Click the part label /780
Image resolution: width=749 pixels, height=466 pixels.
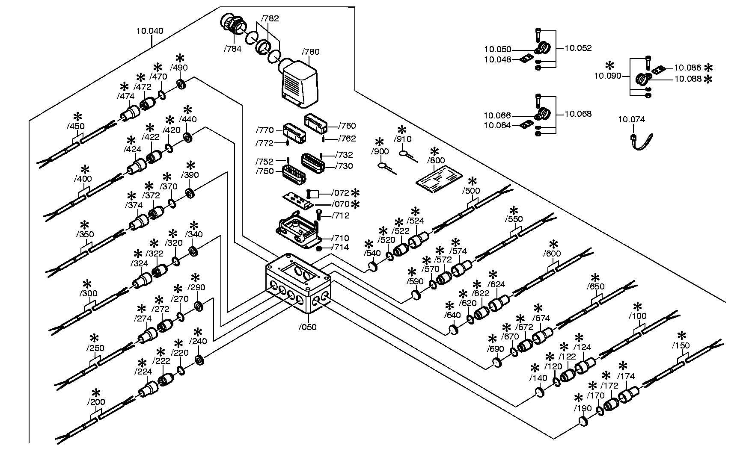pyautogui.click(x=310, y=52)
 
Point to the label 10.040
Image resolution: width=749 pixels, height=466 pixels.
pyautogui.click(x=149, y=31)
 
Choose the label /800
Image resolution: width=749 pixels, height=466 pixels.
pyautogui.click(x=436, y=161)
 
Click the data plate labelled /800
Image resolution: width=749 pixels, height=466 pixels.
pyautogui.click(x=440, y=178)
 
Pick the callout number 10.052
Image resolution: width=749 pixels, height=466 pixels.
pyautogui.click(x=578, y=48)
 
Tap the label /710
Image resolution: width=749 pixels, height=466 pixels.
pyautogui.click(x=340, y=239)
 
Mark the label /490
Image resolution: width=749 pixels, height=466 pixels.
pyautogui.click(x=179, y=68)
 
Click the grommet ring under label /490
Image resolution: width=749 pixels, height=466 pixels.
pyautogui.click(x=181, y=84)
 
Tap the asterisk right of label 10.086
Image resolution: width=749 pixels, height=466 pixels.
pyautogui.click(x=709, y=68)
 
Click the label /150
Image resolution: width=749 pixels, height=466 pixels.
pyautogui.click(x=681, y=345)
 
